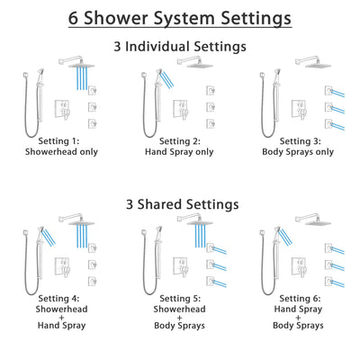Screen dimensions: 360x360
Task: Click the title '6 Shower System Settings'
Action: [180, 17]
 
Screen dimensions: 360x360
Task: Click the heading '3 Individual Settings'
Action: [180, 46]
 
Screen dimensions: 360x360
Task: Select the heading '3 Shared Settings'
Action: [180, 204]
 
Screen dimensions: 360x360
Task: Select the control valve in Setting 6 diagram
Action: [304, 267]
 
